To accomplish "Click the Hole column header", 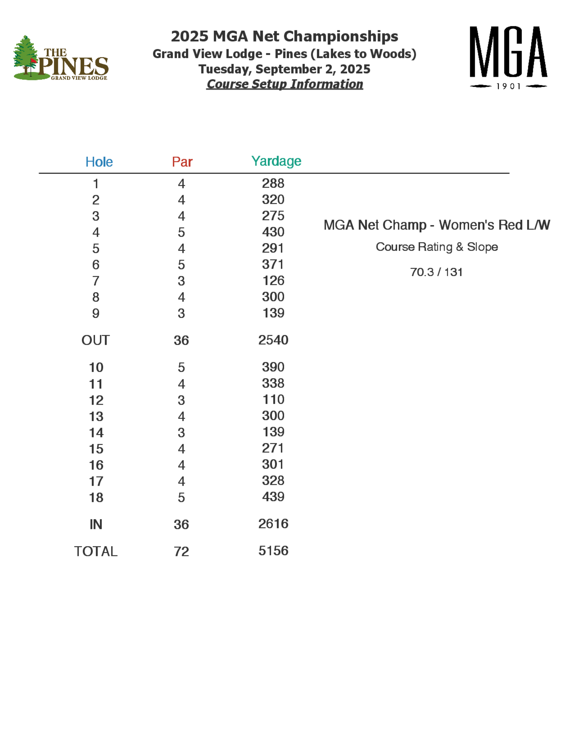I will point(99,162).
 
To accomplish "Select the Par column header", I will point(182,162).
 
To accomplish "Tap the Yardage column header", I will point(276,161).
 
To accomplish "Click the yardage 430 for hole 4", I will point(273,232).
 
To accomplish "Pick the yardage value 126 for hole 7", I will point(273,281).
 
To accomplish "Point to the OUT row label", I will point(96,340).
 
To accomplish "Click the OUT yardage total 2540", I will point(273,340).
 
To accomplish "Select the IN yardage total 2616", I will point(273,524).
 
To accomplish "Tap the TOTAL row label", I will point(96,552).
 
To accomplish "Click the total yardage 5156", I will point(273,551).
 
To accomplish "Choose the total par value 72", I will point(181,552).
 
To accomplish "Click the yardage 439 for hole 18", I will point(273,497).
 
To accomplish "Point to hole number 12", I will point(96,400).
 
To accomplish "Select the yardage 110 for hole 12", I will point(273,399).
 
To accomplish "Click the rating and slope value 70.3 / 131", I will point(436,272).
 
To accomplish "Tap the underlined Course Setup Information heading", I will point(285,84).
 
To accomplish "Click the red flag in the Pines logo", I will point(33,61).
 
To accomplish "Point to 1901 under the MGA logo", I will point(508,86).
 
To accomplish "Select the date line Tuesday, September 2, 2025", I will point(284,69).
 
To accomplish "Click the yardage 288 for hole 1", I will point(273,183).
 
